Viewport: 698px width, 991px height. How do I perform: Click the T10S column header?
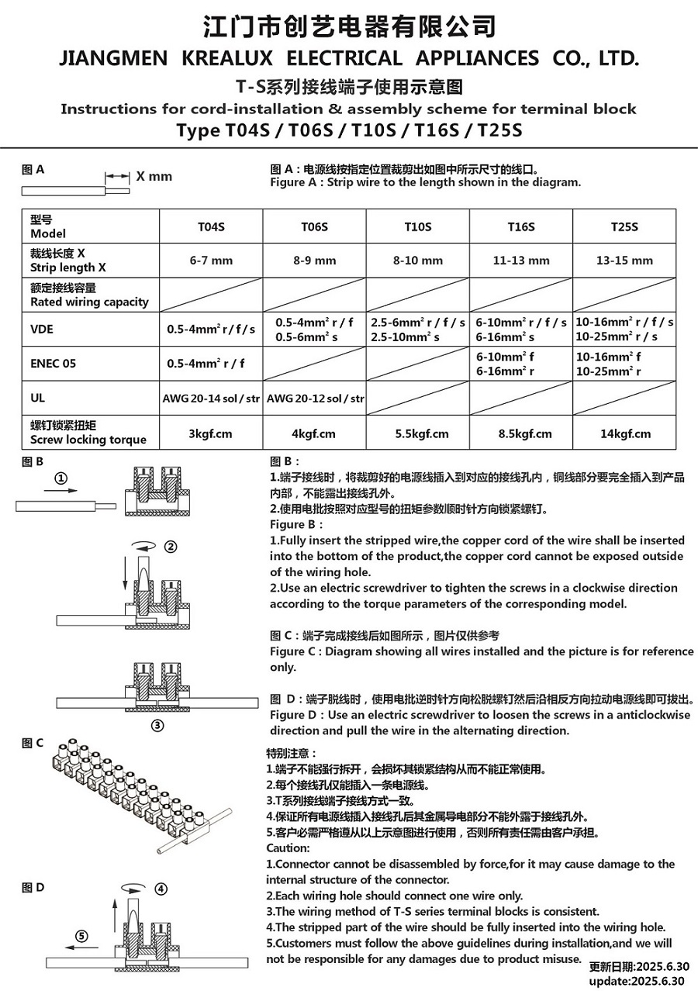point(418,227)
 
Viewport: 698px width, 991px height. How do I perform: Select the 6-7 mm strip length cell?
point(211,261)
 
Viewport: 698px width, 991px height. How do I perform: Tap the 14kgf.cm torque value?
point(625,433)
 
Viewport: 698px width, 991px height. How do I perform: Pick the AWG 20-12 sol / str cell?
point(315,399)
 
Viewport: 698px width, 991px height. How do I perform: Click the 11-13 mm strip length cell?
point(521,261)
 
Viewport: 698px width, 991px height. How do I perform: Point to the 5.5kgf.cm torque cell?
point(418,433)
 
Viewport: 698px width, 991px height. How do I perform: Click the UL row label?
point(37,398)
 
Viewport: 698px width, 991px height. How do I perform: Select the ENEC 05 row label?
point(52,363)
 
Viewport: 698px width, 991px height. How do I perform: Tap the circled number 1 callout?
point(63,478)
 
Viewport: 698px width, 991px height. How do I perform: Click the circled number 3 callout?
point(157,726)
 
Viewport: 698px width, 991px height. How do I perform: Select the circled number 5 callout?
point(83,934)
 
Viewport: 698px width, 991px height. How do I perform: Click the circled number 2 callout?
point(171,546)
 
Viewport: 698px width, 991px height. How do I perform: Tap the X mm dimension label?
point(154,176)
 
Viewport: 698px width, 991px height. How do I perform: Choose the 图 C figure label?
point(33,743)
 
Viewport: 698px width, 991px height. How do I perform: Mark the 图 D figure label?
point(33,888)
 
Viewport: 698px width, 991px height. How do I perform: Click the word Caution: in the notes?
point(288,848)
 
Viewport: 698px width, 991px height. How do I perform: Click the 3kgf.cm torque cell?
point(211,433)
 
